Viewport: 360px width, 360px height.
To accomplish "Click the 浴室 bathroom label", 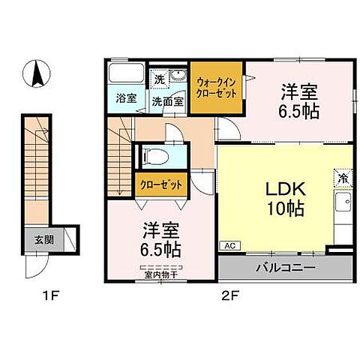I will coord(125,98).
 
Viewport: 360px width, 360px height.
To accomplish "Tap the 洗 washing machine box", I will coord(159,79).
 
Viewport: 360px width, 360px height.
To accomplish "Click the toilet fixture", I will coord(153,157).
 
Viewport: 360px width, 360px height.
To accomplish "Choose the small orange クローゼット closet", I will coord(160,184).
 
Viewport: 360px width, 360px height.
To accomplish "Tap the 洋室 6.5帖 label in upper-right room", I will coord(299,100).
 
